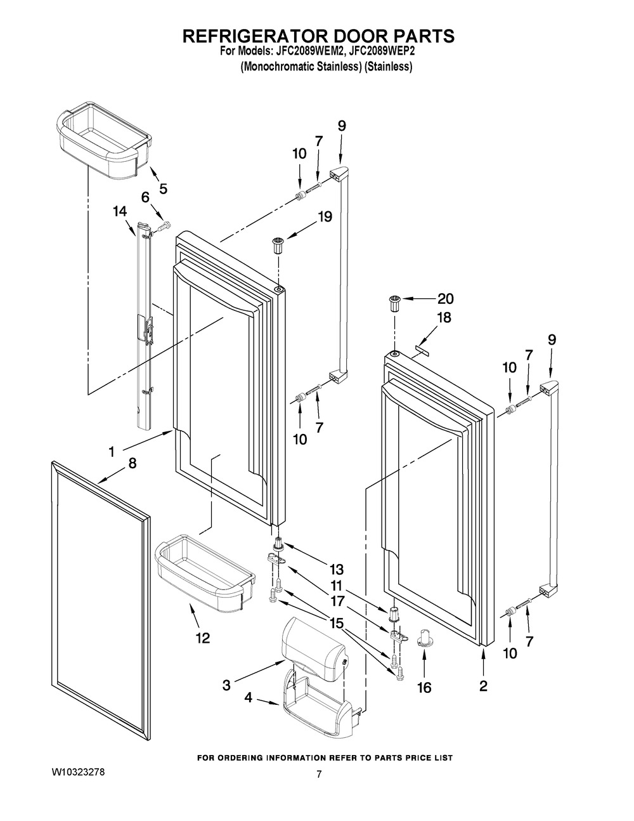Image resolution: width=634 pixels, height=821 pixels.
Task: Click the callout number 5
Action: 163,188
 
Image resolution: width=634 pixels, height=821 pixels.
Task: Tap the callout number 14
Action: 120,211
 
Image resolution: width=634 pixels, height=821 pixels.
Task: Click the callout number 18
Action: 444,317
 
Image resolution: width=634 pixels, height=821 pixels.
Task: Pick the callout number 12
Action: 202,638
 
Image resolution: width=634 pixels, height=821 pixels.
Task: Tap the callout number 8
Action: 133,463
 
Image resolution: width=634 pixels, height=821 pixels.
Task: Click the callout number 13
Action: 336,569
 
